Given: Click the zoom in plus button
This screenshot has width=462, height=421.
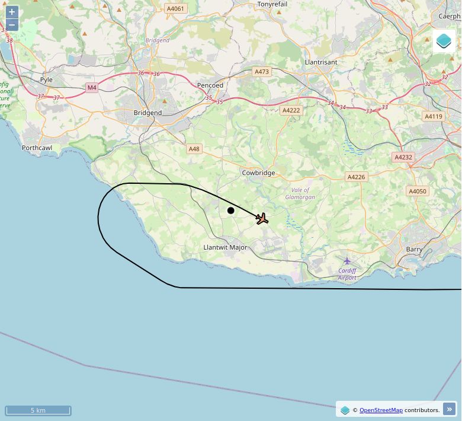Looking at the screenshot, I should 12,12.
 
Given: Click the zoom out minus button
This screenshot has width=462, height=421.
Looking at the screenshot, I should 12,25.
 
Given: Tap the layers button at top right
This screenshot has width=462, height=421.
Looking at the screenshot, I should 444,41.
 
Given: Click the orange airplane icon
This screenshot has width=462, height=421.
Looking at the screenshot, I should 262,219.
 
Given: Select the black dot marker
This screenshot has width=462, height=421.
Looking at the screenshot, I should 231,210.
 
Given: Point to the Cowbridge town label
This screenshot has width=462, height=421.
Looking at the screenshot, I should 258,173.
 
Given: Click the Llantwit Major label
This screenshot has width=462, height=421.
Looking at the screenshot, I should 225,247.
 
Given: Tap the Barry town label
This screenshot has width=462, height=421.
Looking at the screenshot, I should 414,250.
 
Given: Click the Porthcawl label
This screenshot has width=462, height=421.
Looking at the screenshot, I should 37,148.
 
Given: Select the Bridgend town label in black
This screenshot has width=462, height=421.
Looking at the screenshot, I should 147,113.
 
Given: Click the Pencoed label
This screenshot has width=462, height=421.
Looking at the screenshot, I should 210,85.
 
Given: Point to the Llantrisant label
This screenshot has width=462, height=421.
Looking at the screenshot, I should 320,62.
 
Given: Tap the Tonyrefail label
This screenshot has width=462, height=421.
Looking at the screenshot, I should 272,4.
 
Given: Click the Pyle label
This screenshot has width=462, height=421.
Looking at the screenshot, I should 46,79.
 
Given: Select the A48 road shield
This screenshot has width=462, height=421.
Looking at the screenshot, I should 194,149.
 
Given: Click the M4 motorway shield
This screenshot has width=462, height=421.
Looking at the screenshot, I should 91,88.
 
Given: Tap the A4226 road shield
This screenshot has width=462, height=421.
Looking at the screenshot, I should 356,177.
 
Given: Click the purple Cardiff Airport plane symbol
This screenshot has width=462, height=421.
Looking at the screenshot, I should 347,261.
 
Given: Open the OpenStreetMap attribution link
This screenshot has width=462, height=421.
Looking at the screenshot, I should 381,410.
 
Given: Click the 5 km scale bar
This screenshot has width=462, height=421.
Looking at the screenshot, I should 38,410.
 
